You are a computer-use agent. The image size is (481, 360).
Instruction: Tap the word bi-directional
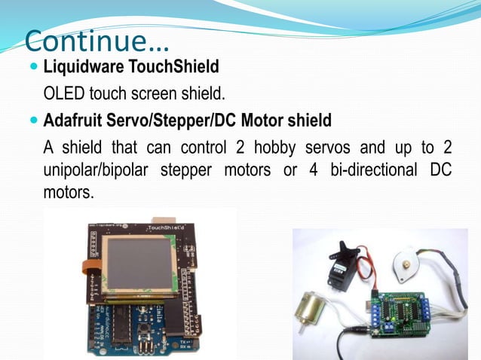[x=373, y=169]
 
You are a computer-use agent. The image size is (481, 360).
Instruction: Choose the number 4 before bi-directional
[x=312, y=169]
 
